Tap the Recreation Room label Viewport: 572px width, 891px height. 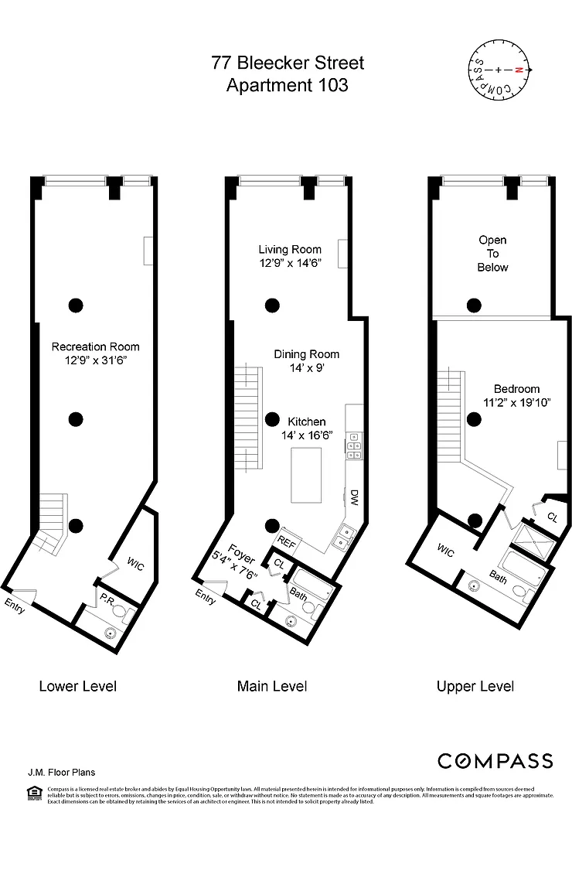pyautogui.click(x=95, y=346)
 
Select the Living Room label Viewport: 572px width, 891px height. pyautogui.click(x=290, y=249)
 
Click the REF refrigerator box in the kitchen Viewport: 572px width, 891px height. pyautogui.click(x=287, y=542)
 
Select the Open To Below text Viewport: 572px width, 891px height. pyautogui.click(x=492, y=254)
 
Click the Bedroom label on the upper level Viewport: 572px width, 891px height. pyautogui.click(x=517, y=389)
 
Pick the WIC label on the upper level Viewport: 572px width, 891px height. pyautogui.click(x=445, y=550)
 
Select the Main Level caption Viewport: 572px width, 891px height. pyautogui.click(x=272, y=686)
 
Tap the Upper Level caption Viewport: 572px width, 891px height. pyautogui.click(x=475, y=686)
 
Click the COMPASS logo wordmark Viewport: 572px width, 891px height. pyautogui.click(x=495, y=761)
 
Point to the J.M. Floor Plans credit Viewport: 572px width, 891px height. pyautogui.click(x=61, y=772)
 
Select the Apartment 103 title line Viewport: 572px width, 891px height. pyautogui.click(x=287, y=85)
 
